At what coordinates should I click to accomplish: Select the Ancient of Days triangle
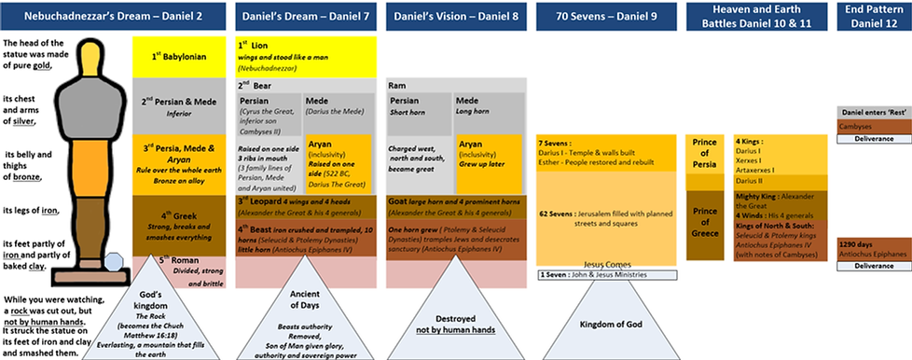[x=304, y=312]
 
